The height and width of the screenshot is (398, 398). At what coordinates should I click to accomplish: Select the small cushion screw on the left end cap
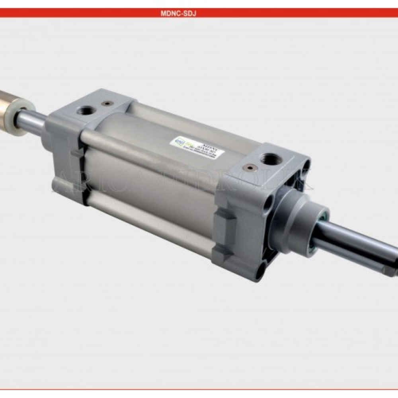[x=105, y=104]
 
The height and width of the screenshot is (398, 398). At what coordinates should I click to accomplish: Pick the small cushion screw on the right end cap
[x=249, y=167]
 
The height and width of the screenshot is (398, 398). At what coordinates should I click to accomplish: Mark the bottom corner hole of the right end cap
[x=261, y=273]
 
